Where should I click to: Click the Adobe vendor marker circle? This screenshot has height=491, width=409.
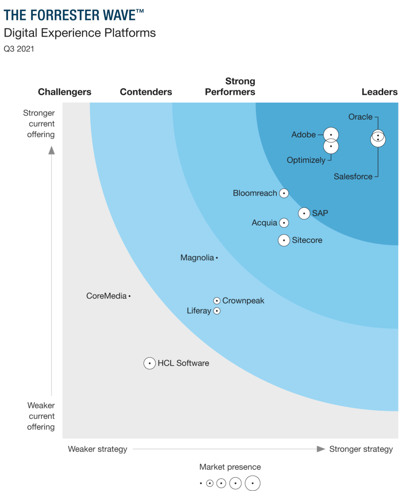pos(331,135)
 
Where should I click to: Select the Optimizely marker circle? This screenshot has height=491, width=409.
pos(331,146)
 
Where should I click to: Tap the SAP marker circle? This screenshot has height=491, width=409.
pos(304,213)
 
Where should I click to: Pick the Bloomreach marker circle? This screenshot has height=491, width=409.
pos(284,193)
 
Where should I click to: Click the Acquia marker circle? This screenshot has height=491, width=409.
pos(284,223)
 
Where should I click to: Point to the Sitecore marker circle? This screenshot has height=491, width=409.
pos(284,240)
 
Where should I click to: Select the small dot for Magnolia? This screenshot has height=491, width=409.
pos(217,258)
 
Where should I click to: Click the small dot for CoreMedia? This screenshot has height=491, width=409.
pos(129,296)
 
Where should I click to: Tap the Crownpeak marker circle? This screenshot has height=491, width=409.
pos(217,301)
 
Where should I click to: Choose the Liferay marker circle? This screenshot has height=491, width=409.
pos(217,311)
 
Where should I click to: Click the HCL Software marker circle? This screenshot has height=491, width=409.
pos(150,363)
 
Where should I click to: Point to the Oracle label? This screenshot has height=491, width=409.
pos(360,117)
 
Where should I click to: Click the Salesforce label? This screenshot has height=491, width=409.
pos(353,177)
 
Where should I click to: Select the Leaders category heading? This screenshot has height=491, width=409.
pos(379,92)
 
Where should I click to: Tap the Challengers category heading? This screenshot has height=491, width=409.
pos(64,92)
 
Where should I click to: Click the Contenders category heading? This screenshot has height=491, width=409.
pos(146,92)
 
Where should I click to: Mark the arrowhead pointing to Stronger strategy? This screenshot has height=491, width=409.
pos(321,449)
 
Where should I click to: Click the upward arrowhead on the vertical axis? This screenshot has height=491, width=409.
pos(52,151)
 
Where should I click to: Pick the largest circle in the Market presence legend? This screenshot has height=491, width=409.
pos(252,483)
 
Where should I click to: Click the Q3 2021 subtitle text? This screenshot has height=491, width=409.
pos(19,49)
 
